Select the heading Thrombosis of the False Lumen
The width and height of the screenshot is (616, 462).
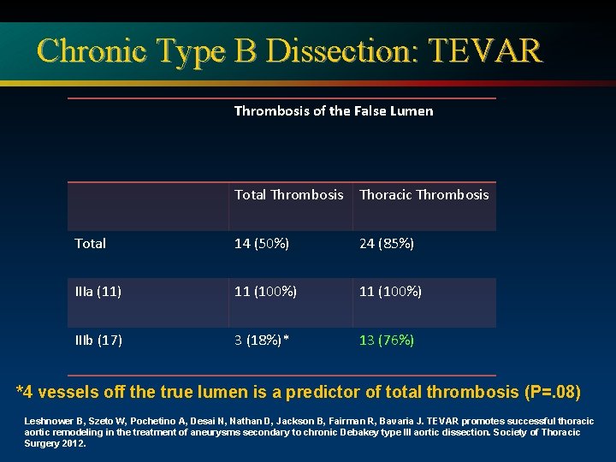click(x=334, y=110)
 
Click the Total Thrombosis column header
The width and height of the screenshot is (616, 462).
click(x=289, y=194)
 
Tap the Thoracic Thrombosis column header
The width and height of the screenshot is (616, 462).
click(x=424, y=194)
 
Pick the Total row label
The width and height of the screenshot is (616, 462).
click(x=91, y=244)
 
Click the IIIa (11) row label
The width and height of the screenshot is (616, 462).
click(x=98, y=292)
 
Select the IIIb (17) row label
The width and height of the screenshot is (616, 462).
click(x=98, y=341)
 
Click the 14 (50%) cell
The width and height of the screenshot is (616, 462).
click(x=262, y=244)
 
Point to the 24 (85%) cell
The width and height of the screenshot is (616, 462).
click(x=387, y=244)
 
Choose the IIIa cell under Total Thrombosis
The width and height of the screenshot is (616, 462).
click(x=266, y=292)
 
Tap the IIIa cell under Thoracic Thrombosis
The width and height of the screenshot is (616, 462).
click(x=390, y=292)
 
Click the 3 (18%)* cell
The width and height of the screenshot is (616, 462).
click(x=262, y=341)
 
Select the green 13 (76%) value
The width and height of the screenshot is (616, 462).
click(x=387, y=341)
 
